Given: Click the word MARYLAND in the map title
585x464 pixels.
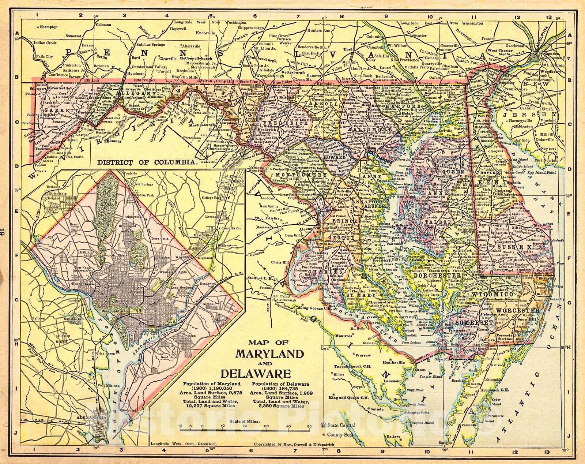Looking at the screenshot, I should [269, 354].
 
